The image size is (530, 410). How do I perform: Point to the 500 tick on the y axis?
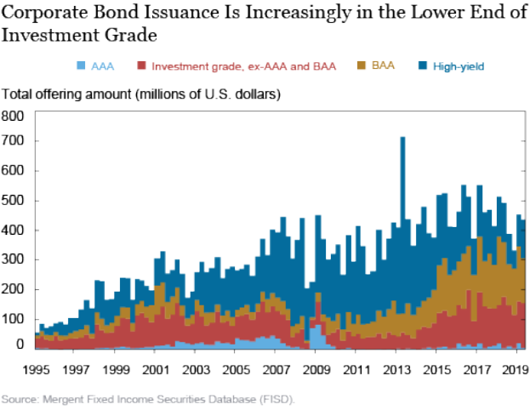14,201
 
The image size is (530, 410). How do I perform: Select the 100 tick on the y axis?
14,319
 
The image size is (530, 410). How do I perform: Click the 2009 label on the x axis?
316,371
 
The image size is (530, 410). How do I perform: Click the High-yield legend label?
459,65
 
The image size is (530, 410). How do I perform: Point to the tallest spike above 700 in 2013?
402,139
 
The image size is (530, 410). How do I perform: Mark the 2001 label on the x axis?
155,371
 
